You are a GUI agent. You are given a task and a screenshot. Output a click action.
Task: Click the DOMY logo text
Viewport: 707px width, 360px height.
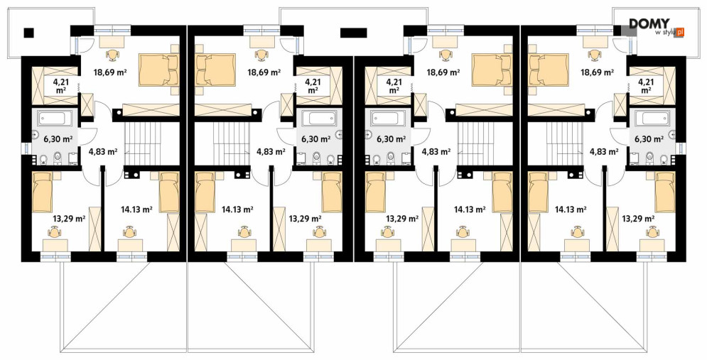(x=649, y=23)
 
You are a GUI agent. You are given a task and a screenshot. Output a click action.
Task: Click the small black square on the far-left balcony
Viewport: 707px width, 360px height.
(x=29, y=32)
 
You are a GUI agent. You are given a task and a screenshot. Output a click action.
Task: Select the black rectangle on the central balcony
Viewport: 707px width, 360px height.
(x=354, y=32)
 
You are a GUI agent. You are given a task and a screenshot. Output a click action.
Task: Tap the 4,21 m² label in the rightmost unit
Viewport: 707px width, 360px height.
(x=646, y=86)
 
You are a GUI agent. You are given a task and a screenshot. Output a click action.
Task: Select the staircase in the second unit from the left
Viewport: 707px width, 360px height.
(x=232, y=144)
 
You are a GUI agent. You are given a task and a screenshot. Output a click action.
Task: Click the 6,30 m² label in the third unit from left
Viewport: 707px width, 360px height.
(x=392, y=138)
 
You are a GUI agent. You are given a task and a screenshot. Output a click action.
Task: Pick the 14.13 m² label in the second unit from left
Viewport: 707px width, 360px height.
(x=237, y=209)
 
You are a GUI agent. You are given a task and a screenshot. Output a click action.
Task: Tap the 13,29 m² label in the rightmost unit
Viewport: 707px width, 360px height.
(x=638, y=219)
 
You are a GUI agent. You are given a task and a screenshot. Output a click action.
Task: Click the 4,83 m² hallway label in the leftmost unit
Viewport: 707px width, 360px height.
(x=103, y=152)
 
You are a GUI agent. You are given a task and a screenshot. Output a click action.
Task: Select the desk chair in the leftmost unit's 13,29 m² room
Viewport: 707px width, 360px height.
(x=55, y=232)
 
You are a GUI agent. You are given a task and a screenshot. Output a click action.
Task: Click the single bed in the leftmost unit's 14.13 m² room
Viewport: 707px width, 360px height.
(x=170, y=192)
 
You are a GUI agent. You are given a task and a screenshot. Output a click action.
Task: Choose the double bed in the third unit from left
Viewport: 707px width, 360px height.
(x=492, y=70)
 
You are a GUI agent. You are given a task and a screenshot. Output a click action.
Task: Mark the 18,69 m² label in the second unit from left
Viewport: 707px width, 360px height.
(x=264, y=71)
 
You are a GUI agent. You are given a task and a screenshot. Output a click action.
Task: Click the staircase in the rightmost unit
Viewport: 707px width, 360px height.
(x=564, y=144)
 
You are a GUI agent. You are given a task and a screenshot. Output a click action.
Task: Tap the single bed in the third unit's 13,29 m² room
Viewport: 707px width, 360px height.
(x=375, y=192)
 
